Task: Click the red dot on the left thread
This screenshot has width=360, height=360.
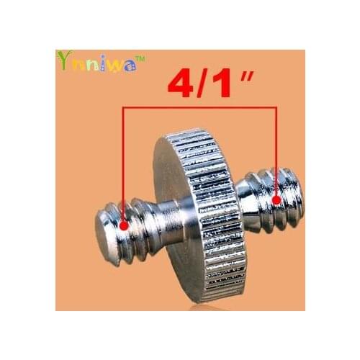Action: pos(125,225)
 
